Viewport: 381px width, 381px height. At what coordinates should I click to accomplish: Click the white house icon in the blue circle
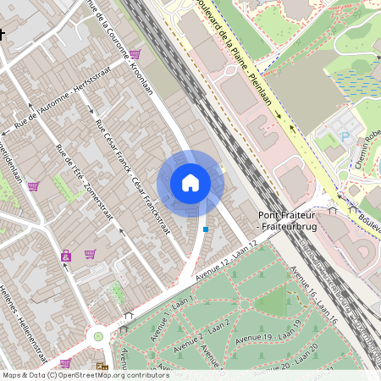click(x=190, y=183)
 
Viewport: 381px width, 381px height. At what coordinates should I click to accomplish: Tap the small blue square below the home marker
click(x=206, y=229)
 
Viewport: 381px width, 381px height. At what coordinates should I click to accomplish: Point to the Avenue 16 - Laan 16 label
click(x=312, y=295)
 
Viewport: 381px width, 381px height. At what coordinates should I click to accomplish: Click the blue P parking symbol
click(x=344, y=135)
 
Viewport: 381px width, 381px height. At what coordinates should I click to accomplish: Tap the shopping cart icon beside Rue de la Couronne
click(x=135, y=54)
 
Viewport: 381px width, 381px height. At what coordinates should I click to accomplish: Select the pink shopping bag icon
click(x=65, y=255)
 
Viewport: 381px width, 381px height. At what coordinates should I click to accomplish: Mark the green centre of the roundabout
click(x=98, y=336)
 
